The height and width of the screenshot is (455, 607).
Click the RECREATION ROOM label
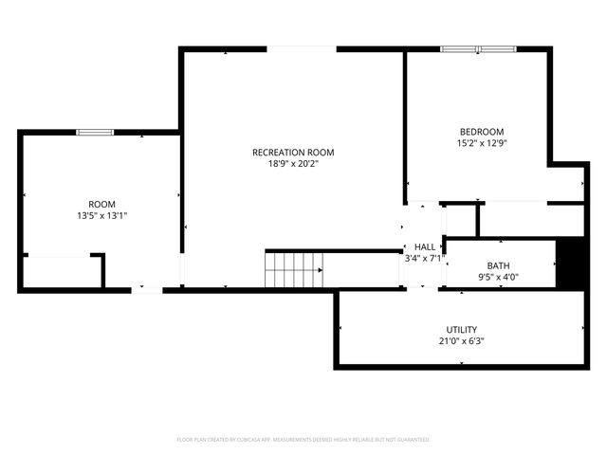point(293,153)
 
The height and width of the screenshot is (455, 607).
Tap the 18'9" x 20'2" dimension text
point(293,164)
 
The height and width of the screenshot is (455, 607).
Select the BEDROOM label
point(482,132)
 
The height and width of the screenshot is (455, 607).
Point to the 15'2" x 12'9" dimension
point(482,143)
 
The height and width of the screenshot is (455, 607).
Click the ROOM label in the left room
point(101,205)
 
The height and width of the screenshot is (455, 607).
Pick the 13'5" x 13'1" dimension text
point(101,216)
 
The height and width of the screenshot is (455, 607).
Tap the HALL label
point(424,246)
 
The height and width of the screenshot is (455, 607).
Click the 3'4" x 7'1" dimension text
point(424,258)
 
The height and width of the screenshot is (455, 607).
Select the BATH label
point(498,265)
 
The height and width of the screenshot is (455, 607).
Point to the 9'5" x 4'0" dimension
point(498,277)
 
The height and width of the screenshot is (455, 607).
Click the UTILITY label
point(463,330)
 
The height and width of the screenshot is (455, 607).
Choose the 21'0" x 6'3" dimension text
point(463,341)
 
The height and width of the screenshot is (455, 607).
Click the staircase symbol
point(294,270)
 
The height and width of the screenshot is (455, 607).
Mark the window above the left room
point(95,132)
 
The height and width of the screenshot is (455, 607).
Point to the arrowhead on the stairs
point(320,270)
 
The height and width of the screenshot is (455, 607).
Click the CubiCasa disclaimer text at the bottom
point(303,440)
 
